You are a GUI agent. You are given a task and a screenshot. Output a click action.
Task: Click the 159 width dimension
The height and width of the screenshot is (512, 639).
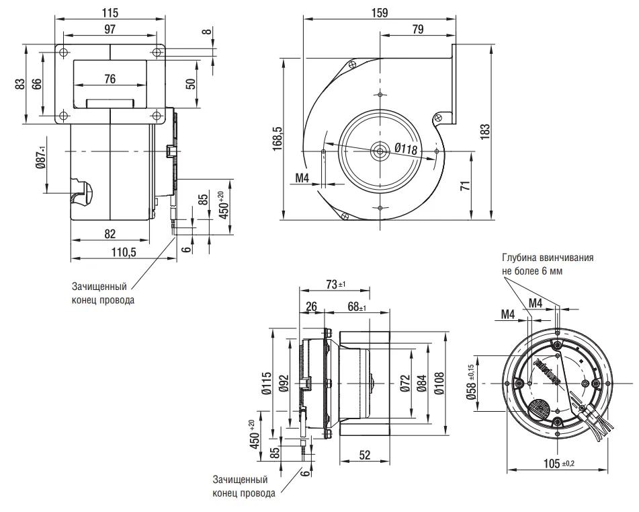click(380, 12)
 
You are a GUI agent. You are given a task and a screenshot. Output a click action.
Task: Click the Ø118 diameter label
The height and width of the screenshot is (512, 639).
click(407, 149)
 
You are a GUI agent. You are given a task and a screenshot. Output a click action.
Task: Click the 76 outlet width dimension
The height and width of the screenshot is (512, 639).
click(110, 79)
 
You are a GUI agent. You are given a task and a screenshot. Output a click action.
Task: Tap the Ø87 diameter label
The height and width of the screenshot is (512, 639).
click(41, 157)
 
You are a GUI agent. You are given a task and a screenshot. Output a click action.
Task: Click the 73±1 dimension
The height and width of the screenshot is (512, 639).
click(334, 285)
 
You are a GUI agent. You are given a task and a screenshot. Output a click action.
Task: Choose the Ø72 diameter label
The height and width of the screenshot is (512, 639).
click(404, 384)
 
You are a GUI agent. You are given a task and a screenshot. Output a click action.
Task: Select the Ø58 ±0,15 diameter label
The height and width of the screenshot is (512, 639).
click(471, 384)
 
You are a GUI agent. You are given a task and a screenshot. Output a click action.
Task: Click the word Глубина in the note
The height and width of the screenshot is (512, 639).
click(520, 258)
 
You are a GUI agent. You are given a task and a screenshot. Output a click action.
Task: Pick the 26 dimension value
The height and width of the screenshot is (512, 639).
click(311, 307)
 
